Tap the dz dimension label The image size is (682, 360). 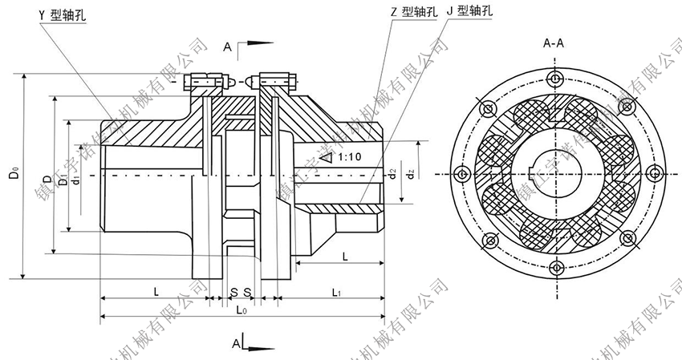point(410,173)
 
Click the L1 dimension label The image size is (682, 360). point(338,293)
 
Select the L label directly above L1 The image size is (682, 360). point(343,255)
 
